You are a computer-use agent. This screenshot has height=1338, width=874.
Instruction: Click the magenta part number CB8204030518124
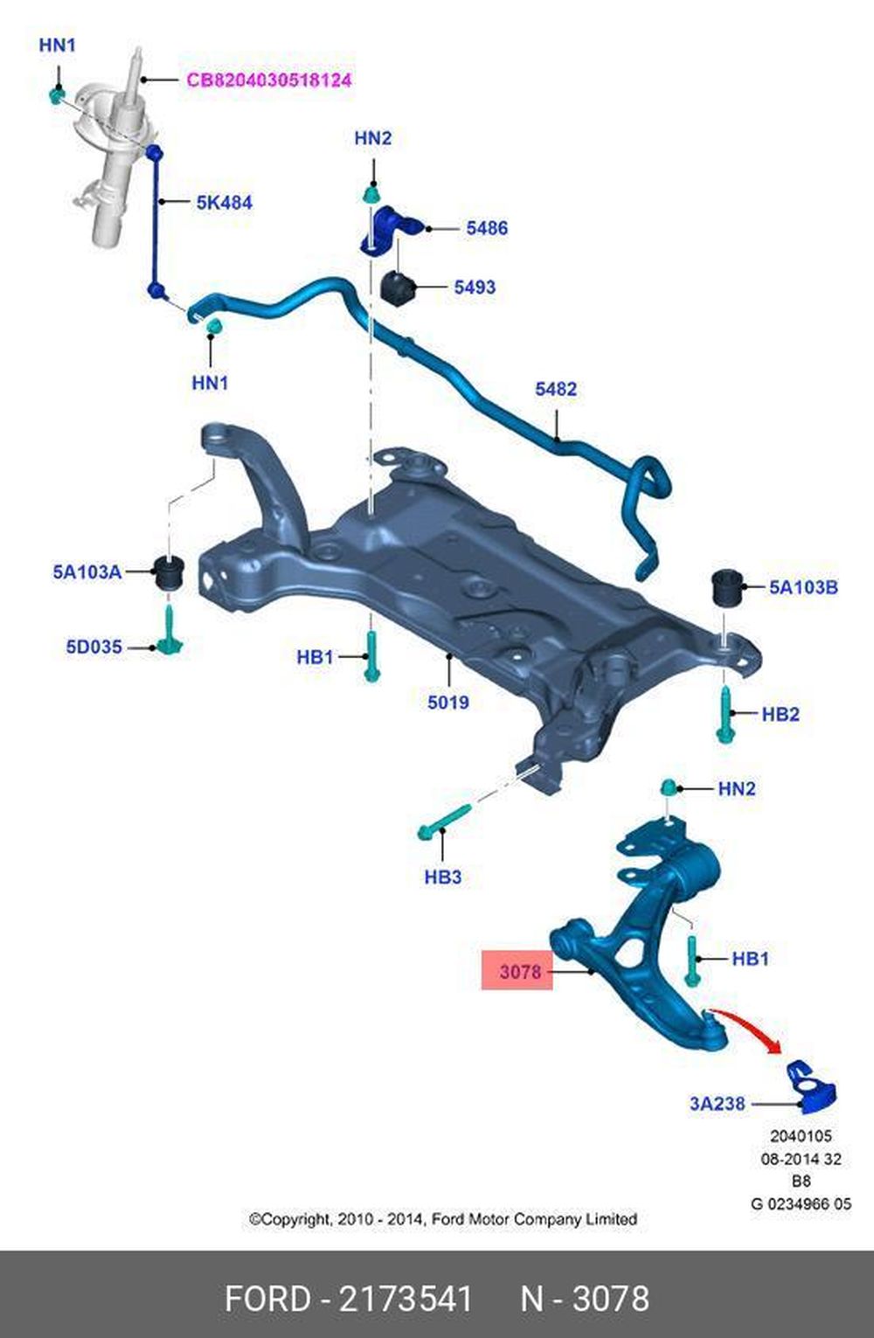(x=268, y=80)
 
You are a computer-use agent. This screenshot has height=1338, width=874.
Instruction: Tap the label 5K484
(x=224, y=203)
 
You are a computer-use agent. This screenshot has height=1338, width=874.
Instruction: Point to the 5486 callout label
(x=487, y=228)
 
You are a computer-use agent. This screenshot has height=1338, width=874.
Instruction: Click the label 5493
(x=475, y=287)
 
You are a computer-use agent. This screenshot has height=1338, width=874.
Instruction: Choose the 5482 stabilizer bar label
(x=556, y=389)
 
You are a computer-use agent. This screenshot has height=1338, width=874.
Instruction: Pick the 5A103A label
(x=87, y=572)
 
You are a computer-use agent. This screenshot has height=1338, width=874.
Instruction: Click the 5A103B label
(x=803, y=587)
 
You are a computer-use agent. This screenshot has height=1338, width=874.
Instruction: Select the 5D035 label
(x=94, y=648)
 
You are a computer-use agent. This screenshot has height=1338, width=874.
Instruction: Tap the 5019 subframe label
(x=448, y=702)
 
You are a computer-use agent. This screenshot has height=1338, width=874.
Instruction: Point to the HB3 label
(x=442, y=877)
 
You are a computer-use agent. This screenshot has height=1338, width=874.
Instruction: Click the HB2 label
(x=780, y=714)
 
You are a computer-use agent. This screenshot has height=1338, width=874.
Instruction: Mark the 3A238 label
(x=718, y=1104)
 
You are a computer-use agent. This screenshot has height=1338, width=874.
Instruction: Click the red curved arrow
(x=748, y=1032)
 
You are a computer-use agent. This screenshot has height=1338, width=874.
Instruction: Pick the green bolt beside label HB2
(x=725, y=713)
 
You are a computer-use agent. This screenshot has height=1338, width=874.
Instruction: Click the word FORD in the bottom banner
(x=267, y=1299)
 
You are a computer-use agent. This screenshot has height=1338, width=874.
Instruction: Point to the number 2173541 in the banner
(x=406, y=1299)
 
